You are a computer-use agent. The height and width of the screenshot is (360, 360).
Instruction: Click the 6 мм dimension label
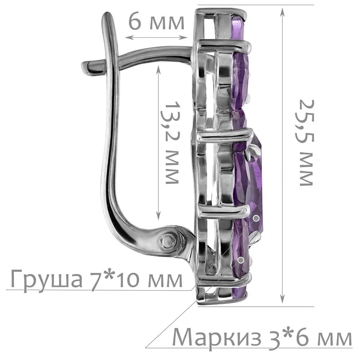pos(156,22)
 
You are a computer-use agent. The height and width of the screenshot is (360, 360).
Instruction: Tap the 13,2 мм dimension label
pos(172,142)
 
